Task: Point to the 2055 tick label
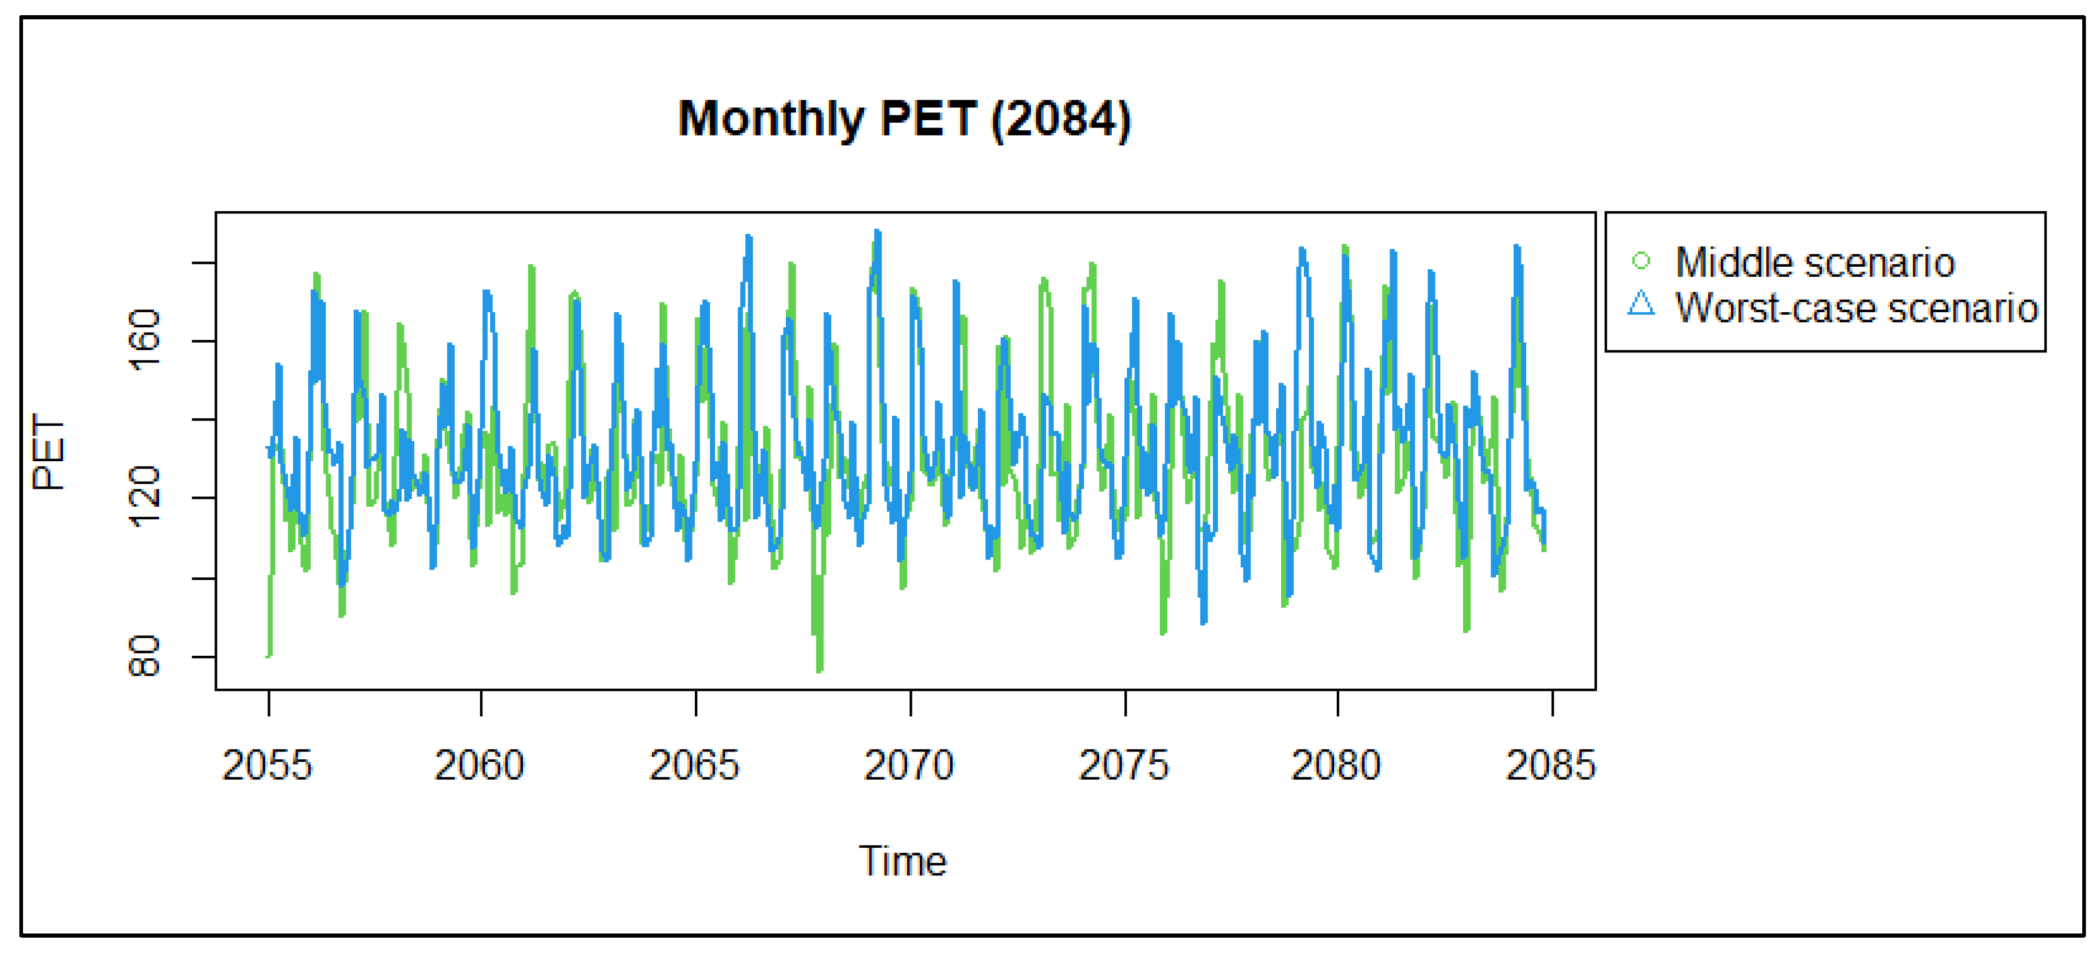267,766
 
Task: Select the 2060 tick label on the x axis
479,766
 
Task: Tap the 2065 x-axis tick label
694,766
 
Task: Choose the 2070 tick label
909,766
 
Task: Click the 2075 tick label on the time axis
1124,766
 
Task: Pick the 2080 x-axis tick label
1336,766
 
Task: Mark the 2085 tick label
1551,766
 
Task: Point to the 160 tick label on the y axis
145,340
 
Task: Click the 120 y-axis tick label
145,497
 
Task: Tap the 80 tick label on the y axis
145,656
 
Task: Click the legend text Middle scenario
1814,262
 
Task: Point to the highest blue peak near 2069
877,232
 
